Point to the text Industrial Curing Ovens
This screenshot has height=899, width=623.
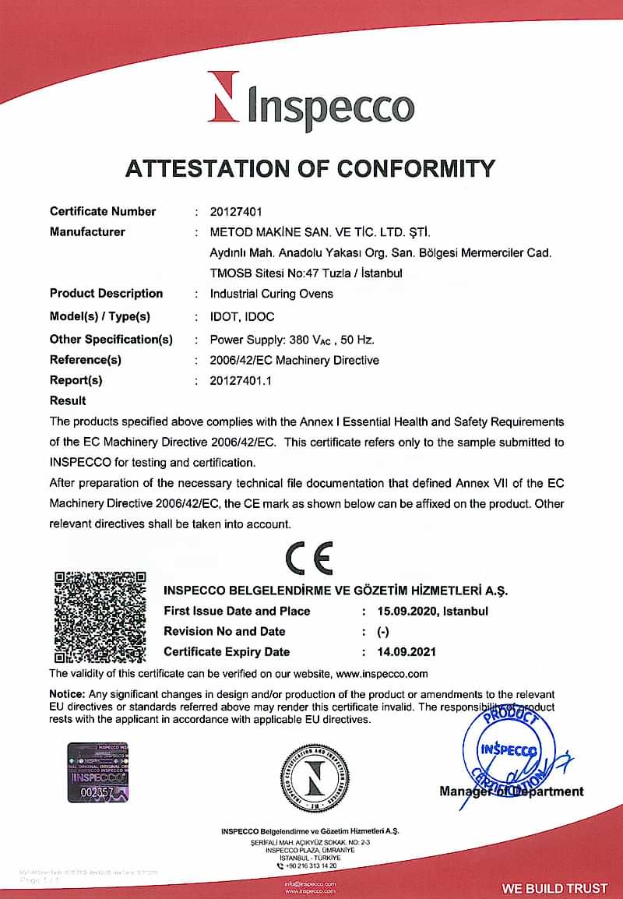point(271,294)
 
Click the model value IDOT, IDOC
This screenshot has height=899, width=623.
point(242,316)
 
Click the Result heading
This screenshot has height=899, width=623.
point(68,401)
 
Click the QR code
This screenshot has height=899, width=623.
point(100,616)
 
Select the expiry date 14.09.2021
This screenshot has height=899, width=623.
point(406,652)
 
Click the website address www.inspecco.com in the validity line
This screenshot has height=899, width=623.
point(382,674)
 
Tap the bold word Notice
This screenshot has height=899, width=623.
point(67,694)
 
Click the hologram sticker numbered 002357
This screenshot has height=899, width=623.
point(97,772)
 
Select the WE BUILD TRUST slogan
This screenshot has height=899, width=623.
point(554,888)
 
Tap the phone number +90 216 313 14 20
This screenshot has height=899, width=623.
point(311,866)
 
